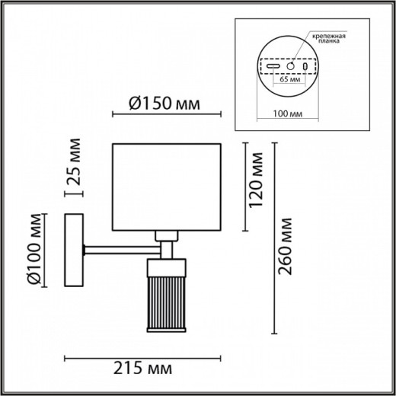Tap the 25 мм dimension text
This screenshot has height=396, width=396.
pyautogui.click(x=73, y=162)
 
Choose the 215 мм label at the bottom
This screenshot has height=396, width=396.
pyautogui.click(x=142, y=369)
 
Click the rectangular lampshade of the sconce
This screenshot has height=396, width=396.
pyautogui.click(x=166, y=185)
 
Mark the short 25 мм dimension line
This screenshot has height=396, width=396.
pyautogui.click(x=74, y=194)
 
